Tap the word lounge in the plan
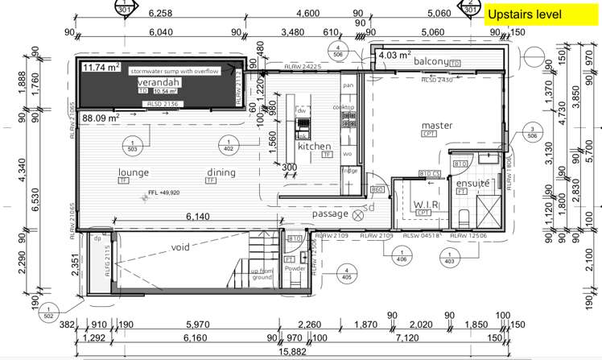click(x=135, y=172)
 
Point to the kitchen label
click(x=315, y=147)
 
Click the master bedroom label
click(x=437, y=126)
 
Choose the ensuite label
click(x=473, y=184)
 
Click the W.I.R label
click(x=424, y=205)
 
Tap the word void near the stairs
click(x=180, y=247)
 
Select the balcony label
click(x=431, y=62)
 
